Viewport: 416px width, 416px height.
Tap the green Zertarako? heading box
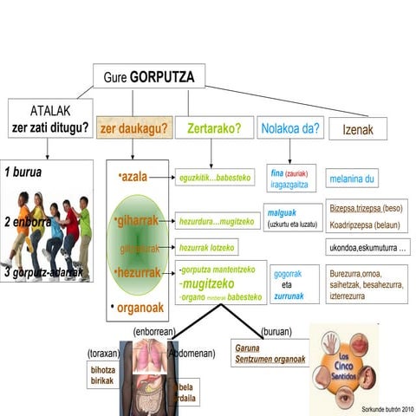click(x=213, y=129)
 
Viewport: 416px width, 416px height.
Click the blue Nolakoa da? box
click(x=289, y=129)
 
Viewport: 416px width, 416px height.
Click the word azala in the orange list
click(x=133, y=177)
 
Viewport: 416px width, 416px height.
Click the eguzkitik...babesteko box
click(x=214, y=177)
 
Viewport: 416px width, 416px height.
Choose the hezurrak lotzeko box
click(x=206, y=247)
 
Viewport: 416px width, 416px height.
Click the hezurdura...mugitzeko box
click(x=217, y=221)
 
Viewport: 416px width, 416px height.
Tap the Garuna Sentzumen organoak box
click(x=269, y=355)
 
